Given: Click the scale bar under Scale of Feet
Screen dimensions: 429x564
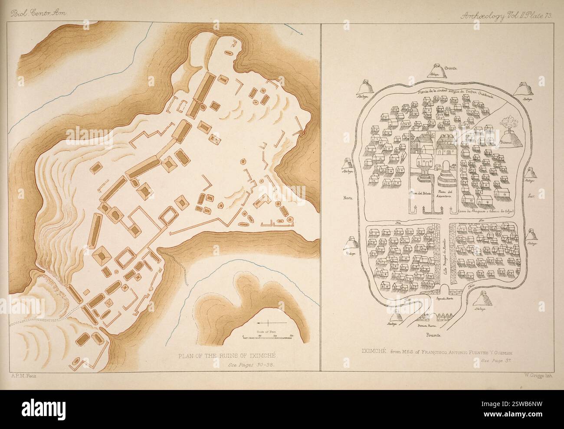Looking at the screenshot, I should (x=267, y=336).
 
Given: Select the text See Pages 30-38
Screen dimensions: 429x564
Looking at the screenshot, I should (x=251, y=365).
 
